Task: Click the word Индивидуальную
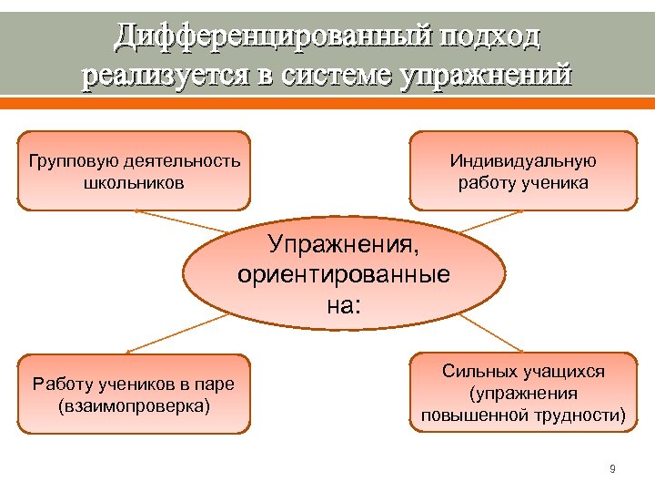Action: point(523,161)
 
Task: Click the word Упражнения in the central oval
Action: point(345,245)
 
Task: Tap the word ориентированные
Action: point(343,274)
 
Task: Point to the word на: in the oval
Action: point(344,303)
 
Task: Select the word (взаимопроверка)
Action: point(133,405)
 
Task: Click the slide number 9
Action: point(612,469)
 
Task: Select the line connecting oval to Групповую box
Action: point(181,220)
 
